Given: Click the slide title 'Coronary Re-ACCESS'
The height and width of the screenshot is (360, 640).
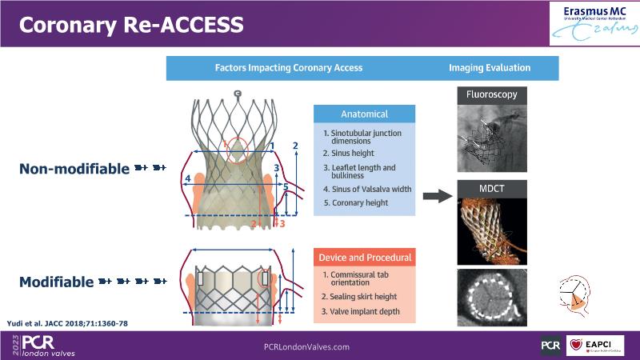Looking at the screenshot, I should pyautogui.click(x=131, y=25).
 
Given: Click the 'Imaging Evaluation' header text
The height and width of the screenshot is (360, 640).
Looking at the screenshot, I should pyautogui.click(x=490, y=68).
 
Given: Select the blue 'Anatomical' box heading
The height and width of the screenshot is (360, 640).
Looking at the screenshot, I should pyautogui.click(x=363, y=114).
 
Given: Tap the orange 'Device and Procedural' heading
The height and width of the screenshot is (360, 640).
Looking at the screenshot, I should pyautogui.click(x=365, y=258).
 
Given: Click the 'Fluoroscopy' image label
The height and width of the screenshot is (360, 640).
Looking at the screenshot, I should pyautogui.click(x=491, y=94).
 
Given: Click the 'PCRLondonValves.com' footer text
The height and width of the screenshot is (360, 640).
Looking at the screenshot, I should pyautogui.click(x=306, y=346).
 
